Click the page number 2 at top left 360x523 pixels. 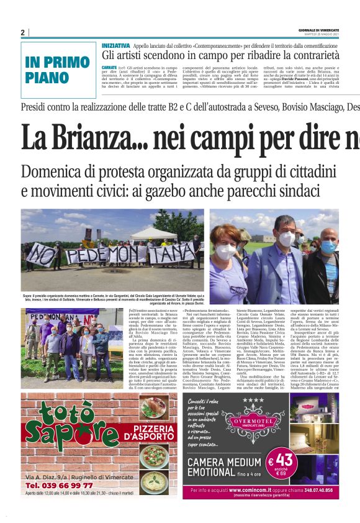22,32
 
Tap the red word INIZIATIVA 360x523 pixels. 116,46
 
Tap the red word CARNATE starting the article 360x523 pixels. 109,66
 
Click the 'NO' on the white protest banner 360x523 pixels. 41,252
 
